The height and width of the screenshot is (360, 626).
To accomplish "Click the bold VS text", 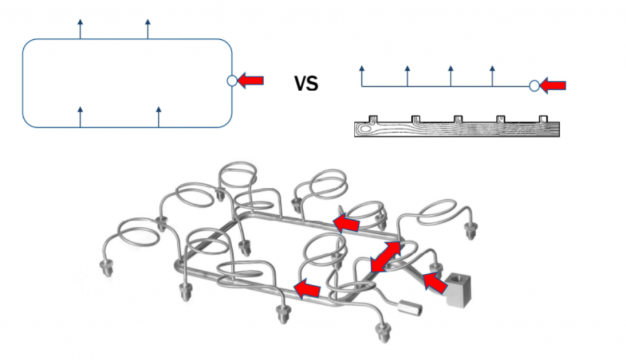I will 306,83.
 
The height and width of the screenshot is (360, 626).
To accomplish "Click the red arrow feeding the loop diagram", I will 251,80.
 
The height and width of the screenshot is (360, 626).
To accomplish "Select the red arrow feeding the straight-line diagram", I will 553,86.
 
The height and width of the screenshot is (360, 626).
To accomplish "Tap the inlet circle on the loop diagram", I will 232,80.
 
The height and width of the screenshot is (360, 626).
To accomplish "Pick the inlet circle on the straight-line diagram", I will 534,86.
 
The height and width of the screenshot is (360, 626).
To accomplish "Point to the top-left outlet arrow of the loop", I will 80,28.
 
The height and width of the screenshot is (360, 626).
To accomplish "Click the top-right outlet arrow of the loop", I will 147,28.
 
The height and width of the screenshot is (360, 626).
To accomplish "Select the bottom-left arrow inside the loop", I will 80,116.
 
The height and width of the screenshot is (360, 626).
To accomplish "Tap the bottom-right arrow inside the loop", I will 159,116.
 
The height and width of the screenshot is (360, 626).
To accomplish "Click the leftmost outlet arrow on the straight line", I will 362,75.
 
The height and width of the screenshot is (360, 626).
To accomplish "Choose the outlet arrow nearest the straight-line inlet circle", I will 492,75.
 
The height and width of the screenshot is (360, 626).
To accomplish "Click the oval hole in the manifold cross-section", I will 367,128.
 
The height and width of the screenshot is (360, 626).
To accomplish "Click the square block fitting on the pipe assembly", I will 458,289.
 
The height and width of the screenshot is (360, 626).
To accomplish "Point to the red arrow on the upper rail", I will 346,222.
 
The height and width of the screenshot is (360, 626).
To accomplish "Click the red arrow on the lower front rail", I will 307,290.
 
